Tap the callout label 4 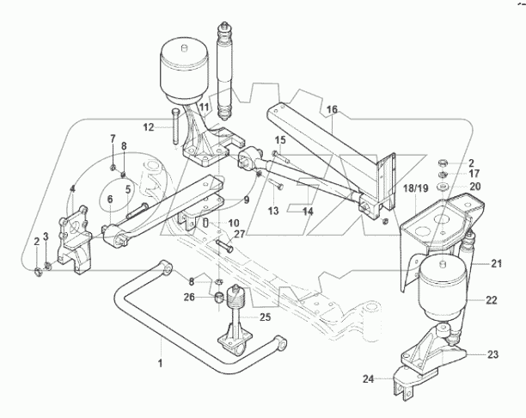click(x=73, y=188)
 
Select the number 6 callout click(x=110, y=200)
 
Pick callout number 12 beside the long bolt click(x=149, y=127)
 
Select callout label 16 click(x=333, y=109)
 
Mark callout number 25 click(x=265, y=317)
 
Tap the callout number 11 click(x=205, y=107)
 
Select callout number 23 click(x=493, y=353)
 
